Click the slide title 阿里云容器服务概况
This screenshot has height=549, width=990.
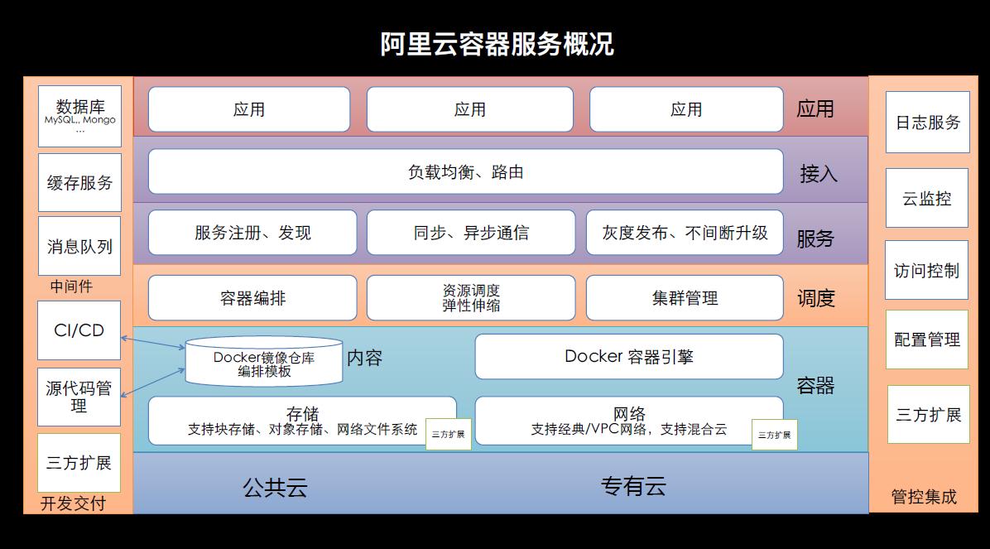click(x=497, y=43)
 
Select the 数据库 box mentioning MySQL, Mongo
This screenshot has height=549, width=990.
click(x=79, y=116)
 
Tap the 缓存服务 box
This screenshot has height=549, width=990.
click(x=79, y=182)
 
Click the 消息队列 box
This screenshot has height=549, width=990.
click(x=79, y=246)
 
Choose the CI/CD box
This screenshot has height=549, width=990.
click(x=79, y=330)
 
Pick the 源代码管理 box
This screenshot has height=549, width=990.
click(x=79, y=397)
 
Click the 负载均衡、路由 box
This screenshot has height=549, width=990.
click(x=465, y=172)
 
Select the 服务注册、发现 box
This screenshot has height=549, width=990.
click(x=252, y=233)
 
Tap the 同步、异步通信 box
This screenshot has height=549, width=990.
click(x=470, y=233)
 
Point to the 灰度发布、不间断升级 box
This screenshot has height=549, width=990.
click(x=685, y=233)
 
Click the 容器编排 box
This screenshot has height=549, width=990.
click(x=252, y=298)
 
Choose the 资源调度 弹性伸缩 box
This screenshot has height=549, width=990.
click(x=470, y=298)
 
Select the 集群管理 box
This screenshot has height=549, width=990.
click(x=685, y=298)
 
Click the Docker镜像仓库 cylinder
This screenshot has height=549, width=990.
click(x=264, y=361)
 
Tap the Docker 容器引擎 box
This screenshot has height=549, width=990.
click(x=629, y=356)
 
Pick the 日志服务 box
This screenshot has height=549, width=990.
click(x=927, y=123)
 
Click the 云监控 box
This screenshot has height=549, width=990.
click(x=927, y=199)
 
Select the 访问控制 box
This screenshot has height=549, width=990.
click(x=927, y=271)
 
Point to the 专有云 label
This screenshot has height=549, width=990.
click(x=633, y=486)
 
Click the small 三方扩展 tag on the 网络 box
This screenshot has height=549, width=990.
click(x=774, y=435)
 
